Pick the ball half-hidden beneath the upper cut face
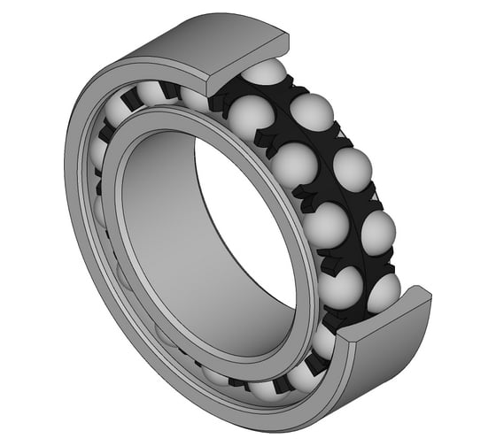pyautogui.click(x=263, y=74)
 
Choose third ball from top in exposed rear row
pyautogui.click(x=377, y=233)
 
